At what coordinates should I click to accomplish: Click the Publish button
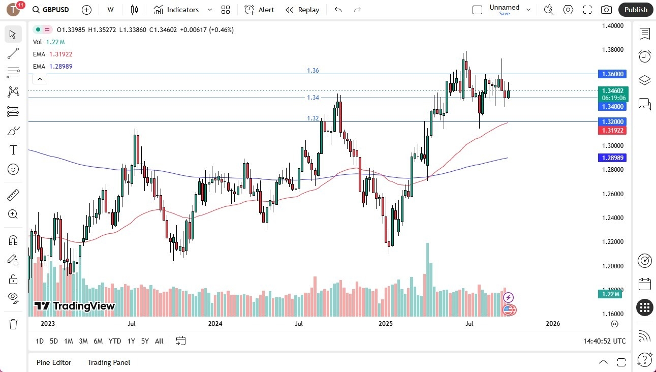[x=635, y=10]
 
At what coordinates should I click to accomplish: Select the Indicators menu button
[x=182, y=10]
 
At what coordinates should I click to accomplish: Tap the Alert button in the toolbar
[x=260, y=10]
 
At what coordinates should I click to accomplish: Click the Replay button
[x=303, y=10]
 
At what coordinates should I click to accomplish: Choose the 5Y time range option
[x=145, y=341]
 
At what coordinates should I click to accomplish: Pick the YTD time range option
[x=115, y=341]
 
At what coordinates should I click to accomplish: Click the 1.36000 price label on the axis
[x=612, y=74]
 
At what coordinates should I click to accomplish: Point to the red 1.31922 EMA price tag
[x=612, y=131]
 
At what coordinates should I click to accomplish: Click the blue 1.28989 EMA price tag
[x=612, y=158]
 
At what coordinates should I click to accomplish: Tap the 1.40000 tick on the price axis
[x=613, y=26]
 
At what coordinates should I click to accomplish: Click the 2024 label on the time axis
[x=215, y=324]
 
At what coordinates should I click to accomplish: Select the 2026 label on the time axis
[x=552, y=324]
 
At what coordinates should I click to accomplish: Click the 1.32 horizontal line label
[x=313, y=118]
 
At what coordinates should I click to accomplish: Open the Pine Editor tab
[x=54, y=362]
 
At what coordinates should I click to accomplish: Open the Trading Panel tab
[x=109, y=362]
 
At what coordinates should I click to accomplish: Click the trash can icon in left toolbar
[x=13, y=324]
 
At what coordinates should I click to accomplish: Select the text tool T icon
[x=13, y=150]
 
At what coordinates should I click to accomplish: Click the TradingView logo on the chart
[x=75, y=306]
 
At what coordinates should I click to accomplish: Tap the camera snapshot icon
[x=606, y=10]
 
